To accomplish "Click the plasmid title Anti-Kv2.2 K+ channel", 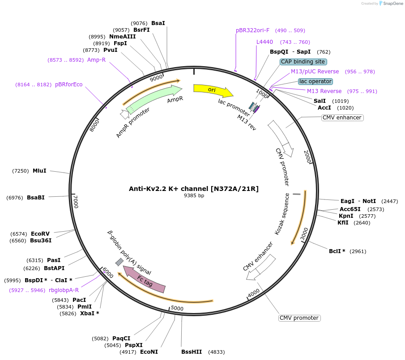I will pyautogui.click(x=194, y=189).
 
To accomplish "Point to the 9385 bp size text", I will pyautogui.click(x=194, y=195).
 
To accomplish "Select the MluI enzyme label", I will pyautogui.click(x=39, y=170).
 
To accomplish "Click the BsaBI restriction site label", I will pyautogui.click(x=36, y=197).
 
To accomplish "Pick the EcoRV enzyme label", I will pyautogui.click(x=40, y=233).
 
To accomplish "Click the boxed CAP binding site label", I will pyautogui.click(x=303, y=62).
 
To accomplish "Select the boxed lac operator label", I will pyautogui.click(x=315, y=81).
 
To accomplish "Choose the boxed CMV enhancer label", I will pyautogui.click(x=342, y=118).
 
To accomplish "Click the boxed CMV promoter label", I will pyautogui.click(x=299, y=318).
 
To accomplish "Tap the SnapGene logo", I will pyautogui.click(x=391, y=4).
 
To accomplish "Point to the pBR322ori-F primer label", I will pyautogui.click(x=252, y=30).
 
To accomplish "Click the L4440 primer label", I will pyautogui.click(x=264, y=42).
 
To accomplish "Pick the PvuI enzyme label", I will pyautogui.click(x=110, y=50).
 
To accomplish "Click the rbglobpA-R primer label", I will pyautogui.click(x=64, y=290).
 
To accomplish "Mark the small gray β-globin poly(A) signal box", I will pyautogui.click(x=119, y=262).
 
